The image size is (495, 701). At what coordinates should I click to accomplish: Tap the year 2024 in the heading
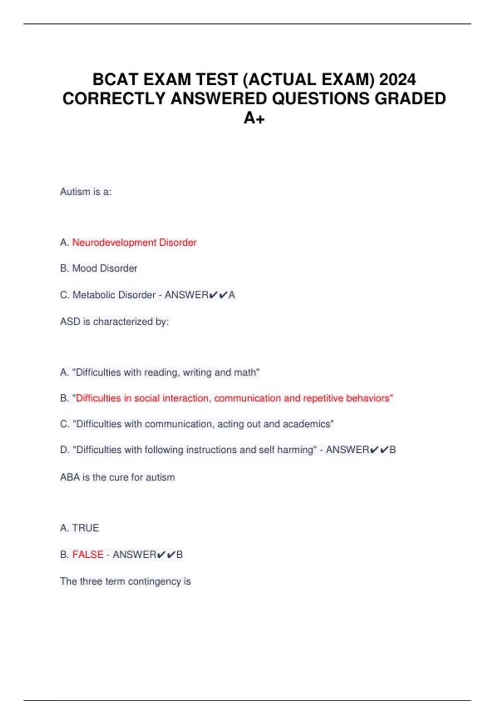tap(397, 79)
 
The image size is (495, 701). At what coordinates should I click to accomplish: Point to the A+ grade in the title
tap(254, 118)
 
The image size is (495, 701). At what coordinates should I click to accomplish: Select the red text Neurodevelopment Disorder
tap(134, 242)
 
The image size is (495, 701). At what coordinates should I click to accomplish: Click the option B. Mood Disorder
tap(99, 268)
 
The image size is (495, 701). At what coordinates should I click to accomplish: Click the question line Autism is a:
tap(86, 192)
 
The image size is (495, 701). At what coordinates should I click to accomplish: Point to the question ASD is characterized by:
tap(114, 322)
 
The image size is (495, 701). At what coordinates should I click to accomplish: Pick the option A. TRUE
tap(80, 528)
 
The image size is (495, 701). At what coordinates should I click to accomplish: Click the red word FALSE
tap(88, 555)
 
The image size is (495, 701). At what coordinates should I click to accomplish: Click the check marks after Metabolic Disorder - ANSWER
tap(218, 295)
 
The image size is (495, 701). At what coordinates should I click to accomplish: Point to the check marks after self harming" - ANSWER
tap(379, 450)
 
